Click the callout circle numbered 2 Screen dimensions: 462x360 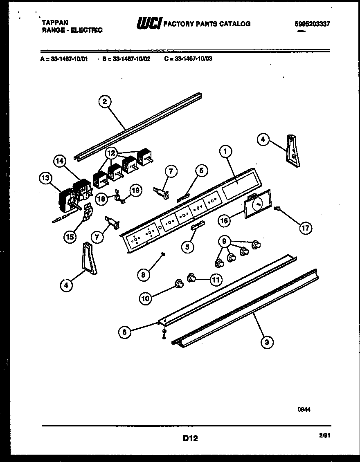click(x=105, y=102)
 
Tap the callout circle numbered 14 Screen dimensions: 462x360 click(x=60, y=161)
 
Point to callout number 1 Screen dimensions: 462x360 click(x=225, y=152)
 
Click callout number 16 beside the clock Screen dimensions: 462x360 click(x=224, y=221)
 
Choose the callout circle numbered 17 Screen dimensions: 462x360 click(x=305, y=228)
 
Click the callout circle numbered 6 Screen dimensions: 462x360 click(x=125, y=333)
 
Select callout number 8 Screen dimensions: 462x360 click(x=143, y=275)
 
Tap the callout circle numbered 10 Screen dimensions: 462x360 click(x=145, y=298)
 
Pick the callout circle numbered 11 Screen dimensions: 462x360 click(x=215, y=280)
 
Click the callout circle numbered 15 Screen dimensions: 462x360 click(x=70, y=237)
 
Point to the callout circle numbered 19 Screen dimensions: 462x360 click(x=136, y=190)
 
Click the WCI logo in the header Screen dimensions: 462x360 click(x=149, y=24)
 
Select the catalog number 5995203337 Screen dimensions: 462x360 click(x=312, y=24)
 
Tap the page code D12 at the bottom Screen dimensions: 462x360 click(x=190, y=438)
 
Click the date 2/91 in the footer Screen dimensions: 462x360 click(x=324, y=436)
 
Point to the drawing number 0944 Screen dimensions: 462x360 click(x=305, y=408)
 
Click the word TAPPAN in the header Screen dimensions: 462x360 click(x=55, y=23)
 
